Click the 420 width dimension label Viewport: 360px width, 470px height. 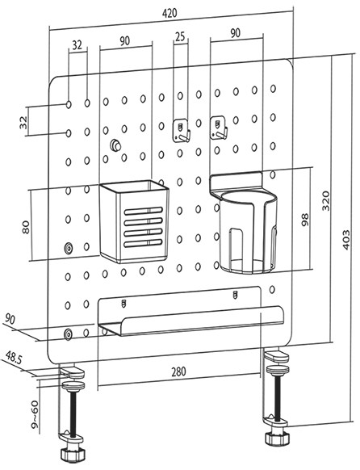[170, 13]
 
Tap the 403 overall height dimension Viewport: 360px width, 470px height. [346, 240]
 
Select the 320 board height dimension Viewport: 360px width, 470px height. [326, 200]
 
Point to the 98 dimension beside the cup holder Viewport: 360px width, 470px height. [305, 220]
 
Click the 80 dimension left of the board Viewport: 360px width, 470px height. [26, 227]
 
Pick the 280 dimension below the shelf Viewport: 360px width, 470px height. [178, 371]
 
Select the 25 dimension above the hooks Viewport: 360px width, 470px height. [180, 36]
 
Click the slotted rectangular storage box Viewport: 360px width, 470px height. [134, 221]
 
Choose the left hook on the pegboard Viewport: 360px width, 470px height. [182, 130]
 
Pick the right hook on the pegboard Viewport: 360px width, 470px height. [218, 128]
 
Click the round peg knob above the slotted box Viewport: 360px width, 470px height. [115, 145]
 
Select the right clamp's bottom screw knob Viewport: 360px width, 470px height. [278, 439]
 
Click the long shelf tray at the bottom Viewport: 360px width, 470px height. [190, 312]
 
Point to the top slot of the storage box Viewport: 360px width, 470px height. [144, 211]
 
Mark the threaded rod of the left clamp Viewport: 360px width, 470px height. [73, 411]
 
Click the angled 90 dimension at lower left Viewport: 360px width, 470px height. [10, 320]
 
